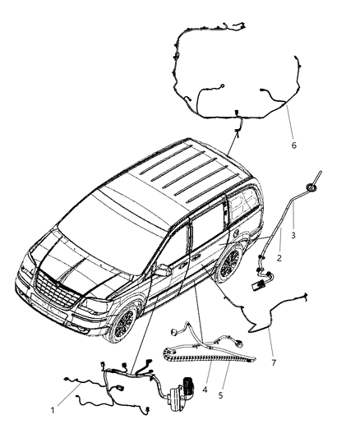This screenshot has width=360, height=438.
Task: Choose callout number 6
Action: pyautogui.click(x=294, y=145)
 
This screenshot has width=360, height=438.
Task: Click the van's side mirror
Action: pyautogui.click(x=161, y=272)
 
